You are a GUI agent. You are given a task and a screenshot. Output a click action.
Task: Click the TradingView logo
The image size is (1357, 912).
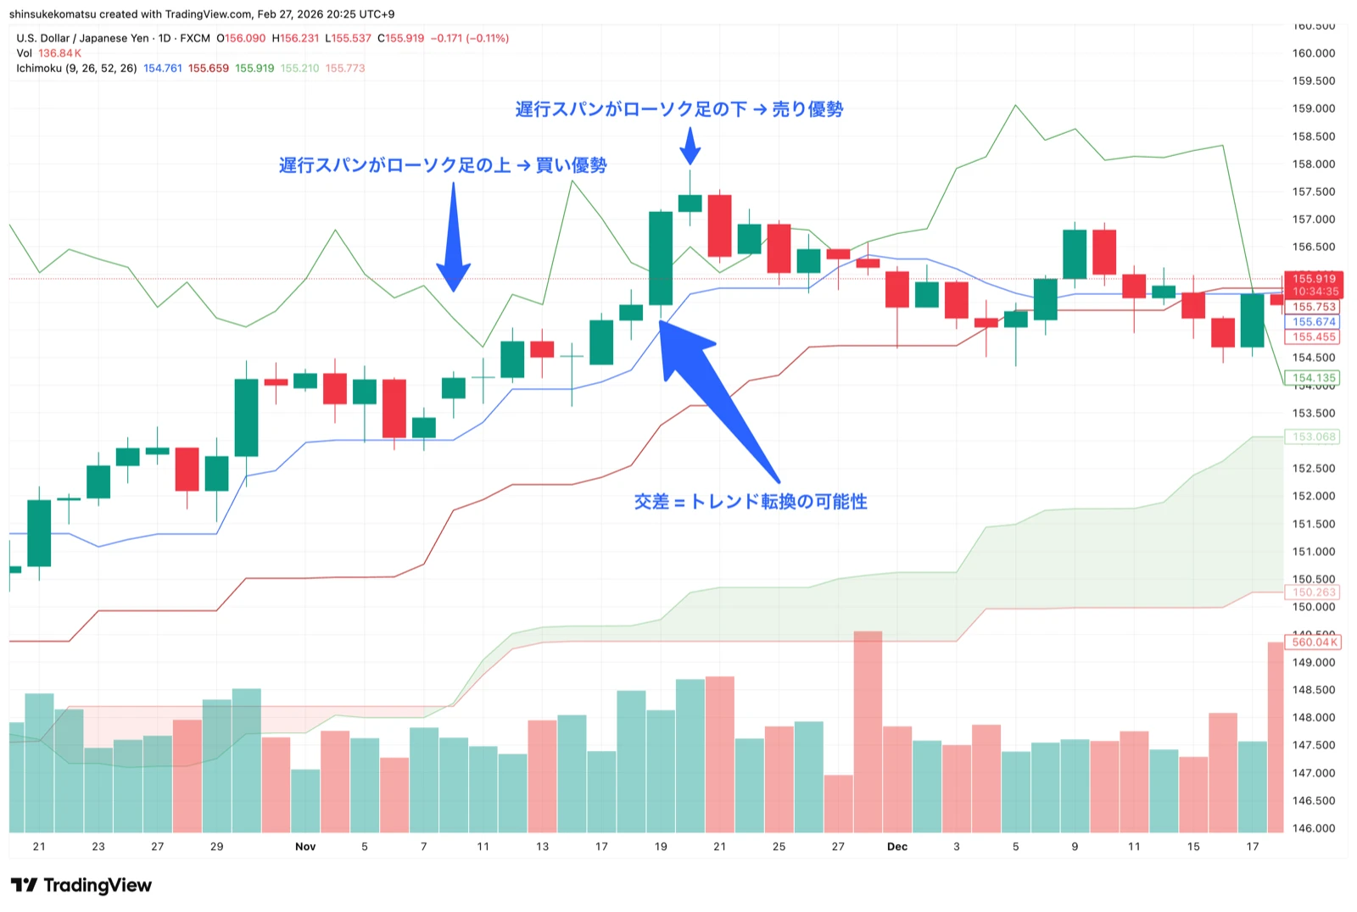tap(81, 886)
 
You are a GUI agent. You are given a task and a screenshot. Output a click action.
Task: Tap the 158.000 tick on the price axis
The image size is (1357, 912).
tap(1314, 164)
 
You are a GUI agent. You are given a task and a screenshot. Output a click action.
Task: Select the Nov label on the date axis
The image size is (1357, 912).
tap(305, 847)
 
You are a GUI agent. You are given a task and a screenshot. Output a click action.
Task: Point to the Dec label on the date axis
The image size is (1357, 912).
tap(896, 847)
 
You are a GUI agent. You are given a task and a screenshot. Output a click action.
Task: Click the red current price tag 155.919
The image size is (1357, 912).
tap(1314, 279)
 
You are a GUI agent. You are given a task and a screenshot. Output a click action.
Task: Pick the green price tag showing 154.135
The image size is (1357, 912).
tap(1314, 378)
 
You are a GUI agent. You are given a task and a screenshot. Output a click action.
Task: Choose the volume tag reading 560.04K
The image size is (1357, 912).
tap(1314, 642)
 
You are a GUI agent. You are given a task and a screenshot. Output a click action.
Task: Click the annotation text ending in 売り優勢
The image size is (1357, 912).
tap(678, 109)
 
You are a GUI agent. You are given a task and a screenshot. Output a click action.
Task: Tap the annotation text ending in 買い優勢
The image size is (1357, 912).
tap(443, 165)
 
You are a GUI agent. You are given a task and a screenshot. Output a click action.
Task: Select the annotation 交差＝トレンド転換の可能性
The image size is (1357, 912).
tap(751, 502)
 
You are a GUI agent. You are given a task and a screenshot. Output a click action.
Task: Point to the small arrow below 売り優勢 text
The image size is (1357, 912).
tap(690, 146)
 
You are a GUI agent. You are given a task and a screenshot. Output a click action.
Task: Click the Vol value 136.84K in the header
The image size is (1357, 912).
tap(59, 53)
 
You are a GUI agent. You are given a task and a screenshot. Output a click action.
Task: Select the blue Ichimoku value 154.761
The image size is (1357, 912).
tap(163, 69)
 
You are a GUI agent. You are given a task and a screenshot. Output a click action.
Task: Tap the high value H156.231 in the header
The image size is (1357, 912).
tap(295, 38)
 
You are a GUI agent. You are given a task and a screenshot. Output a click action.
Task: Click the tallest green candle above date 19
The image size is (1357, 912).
tap(661, 258)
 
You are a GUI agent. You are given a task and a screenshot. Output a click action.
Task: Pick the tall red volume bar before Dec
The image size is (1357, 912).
tap(868, 731)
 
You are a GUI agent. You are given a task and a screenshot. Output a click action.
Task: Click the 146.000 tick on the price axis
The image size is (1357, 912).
tap(1314, 829)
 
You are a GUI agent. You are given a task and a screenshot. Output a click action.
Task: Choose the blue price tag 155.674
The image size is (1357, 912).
tap(1314, 322)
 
